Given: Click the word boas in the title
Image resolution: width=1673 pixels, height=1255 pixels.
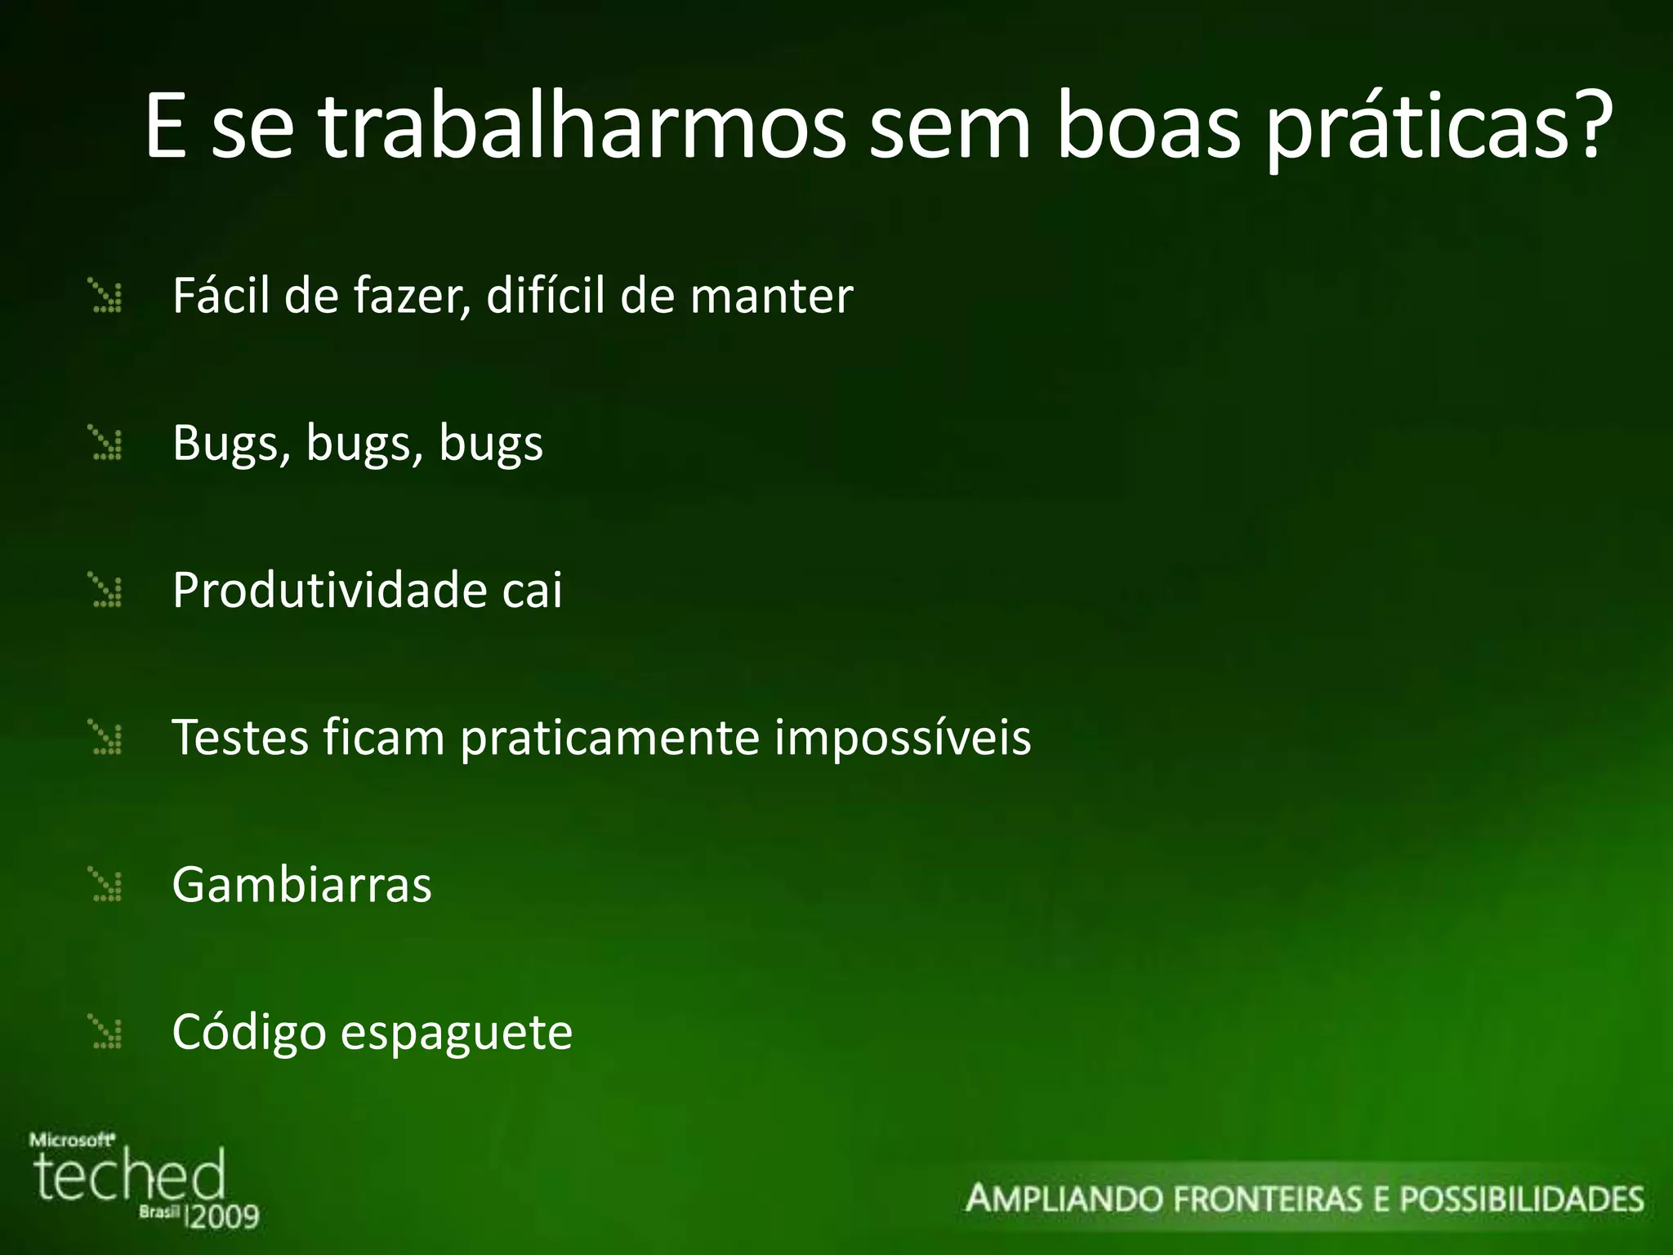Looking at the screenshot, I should [x=1149, y=127].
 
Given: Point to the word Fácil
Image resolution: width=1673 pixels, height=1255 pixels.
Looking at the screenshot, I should [x=221, y=295].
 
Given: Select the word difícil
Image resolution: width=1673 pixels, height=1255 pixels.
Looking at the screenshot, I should [x=546, y=295].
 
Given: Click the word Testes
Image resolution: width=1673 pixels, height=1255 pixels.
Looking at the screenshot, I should [x=239, y=737].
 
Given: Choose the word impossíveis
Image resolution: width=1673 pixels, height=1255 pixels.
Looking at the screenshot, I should [x=902, y=739].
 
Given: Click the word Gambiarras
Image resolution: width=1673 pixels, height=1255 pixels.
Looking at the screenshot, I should [x=301, y=885].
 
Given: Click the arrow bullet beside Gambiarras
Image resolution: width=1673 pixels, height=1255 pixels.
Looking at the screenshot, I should [x=106, y=886].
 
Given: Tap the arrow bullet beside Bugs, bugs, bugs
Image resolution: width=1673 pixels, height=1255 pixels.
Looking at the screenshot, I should [x=106, y=444].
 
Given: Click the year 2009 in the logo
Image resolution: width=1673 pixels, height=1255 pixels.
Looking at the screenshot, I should [x=224, y=1217].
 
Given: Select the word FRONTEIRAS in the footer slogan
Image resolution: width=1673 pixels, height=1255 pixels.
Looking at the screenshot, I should [x=1269, y=1199].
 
